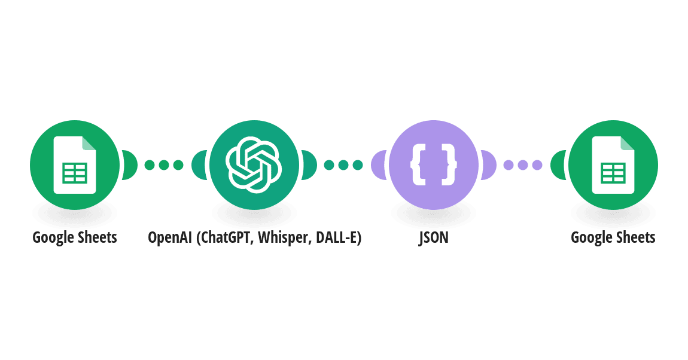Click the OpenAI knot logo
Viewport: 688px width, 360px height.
[x=254, y=165]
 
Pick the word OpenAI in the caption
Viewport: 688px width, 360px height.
[x=170, y=237]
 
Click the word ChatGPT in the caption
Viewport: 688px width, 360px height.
[x=226, y=237]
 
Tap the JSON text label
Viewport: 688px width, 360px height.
[x=434, y=237]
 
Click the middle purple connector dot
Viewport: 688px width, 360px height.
[x=523, y=165]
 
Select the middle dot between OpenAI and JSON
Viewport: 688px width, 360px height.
[x=343, y=165]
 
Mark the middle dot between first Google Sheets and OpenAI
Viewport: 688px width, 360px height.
[x=164, y=165]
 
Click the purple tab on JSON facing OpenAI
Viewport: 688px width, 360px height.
[x=379, y=165]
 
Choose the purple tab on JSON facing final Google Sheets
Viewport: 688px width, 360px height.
[x=489, y=165]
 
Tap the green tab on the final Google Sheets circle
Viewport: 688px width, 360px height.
[x=558, y=165]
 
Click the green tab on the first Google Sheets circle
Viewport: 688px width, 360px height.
[x=129, y=165]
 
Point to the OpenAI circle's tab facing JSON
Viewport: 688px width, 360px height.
[x=309, y=165]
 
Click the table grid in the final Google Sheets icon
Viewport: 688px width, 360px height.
[x=613, y=173]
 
